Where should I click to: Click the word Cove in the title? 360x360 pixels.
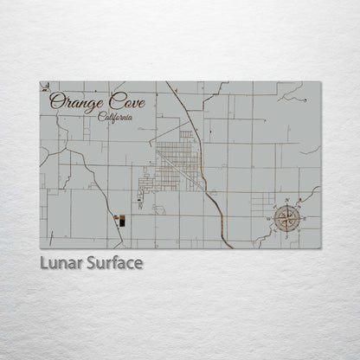(x=125, y=102)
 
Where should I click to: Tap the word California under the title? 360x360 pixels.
(x=115, y=118)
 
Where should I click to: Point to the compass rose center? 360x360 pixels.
(x=286, y=219)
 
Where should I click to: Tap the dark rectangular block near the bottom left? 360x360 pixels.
(x=121, y=222)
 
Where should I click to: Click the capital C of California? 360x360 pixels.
(x=101, y=118)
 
